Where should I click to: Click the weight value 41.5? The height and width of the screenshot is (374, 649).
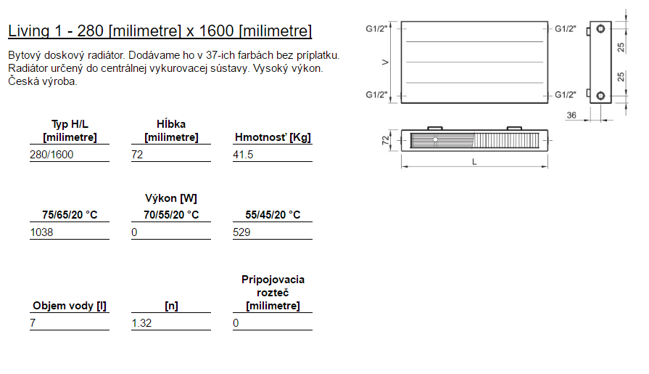[243, 155]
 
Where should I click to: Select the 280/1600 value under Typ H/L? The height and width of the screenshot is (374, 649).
[51, 155]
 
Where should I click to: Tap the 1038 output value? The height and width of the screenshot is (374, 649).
[41, 232]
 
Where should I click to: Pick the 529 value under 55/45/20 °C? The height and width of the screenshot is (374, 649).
[241, 232]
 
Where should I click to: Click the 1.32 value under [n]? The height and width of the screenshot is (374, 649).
[141, 323]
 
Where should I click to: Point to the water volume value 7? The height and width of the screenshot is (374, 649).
[33, 323]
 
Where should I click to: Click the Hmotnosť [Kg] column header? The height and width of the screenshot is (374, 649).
[273, 137]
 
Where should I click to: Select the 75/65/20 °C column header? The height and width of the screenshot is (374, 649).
[70, 215]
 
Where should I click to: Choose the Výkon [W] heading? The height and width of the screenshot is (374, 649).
[171, 198]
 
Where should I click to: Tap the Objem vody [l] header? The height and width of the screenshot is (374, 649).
[70, 306]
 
